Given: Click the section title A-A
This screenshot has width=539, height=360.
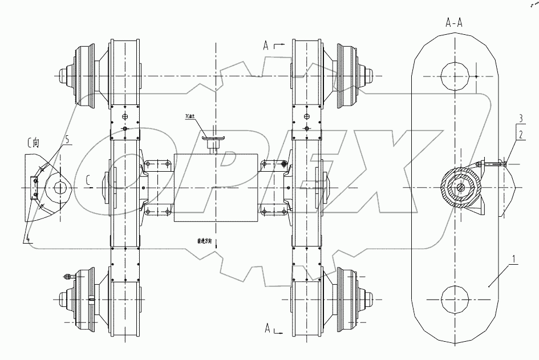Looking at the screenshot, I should [455, 22].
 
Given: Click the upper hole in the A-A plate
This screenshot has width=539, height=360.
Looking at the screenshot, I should [455, 75].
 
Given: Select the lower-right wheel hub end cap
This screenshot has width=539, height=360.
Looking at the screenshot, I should [370, 297].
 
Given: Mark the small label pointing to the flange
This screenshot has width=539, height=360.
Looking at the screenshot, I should [189, 118].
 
